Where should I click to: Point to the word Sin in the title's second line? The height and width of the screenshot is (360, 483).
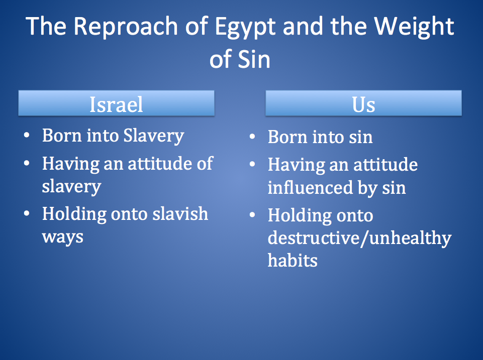pyautogui.click(x=254, y=59)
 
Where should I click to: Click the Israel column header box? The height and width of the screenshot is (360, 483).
pyautogui.click(x=116, y=103)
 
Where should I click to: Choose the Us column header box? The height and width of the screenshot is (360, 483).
pyautogui.click(x=363, y=103)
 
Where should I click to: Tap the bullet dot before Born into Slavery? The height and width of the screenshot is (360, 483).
pyautogui.click(x=28, y=136)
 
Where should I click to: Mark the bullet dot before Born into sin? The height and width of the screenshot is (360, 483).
pyautogui.click(x=253, y=137)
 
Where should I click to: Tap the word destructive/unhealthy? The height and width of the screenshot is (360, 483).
pyautogui.click(x=359, y=237)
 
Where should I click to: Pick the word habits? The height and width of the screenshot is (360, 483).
pyautogui.click(x=292, y=260)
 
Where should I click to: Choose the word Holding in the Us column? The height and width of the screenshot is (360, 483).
pyautogui.click(x=300, y=215)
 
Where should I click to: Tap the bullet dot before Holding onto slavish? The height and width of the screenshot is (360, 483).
pyautogui.click(x=28, y=213)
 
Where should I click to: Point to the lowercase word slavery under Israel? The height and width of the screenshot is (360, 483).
pyautogui.click(x=71, y=186)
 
